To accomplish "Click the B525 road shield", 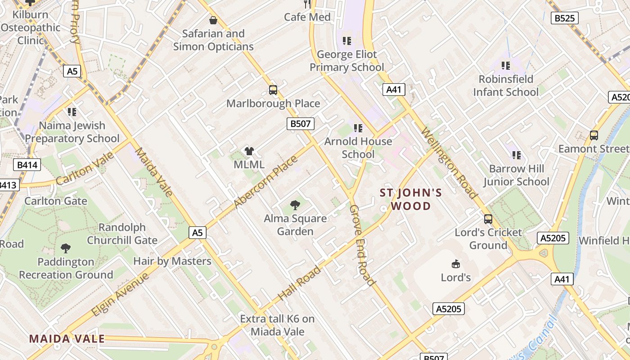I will coord(564,18).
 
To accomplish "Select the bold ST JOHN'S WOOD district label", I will coord(411,199).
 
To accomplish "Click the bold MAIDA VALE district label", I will coord(67,339).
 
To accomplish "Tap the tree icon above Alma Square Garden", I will coord(295,205).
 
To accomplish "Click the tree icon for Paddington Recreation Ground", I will coord(66,248).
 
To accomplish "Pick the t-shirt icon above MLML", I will coord(249,151).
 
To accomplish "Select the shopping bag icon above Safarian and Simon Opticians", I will coord(213,20).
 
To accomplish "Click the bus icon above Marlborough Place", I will coord(273,90).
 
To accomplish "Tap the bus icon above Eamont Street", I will coord(594,135).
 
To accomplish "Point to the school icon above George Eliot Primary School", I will coord(346,41).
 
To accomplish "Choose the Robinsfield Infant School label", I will coord(505,85).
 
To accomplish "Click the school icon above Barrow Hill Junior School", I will coord(517,155).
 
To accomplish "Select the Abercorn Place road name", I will coord(266,182).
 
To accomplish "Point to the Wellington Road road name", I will coord(449,163).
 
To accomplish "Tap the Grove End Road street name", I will coord(362,245).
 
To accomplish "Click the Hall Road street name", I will coord(300,283).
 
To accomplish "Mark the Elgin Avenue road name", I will coord(120,294).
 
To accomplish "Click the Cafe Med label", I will coord(307,17).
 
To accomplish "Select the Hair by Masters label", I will coord(172,261).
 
